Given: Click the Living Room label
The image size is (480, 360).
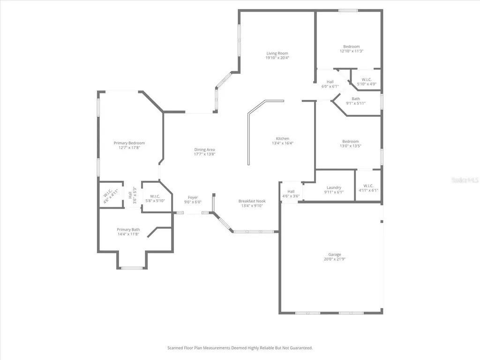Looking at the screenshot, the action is (277, 53).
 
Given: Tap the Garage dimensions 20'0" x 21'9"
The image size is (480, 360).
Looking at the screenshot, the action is (335, 259).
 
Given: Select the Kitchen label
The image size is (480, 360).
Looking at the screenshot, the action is (283, 139).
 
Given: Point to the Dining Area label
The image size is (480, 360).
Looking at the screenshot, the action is (204, 150).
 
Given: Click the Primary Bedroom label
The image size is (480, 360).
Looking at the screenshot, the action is (129, 143).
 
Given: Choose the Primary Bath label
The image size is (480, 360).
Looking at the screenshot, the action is (128, 230).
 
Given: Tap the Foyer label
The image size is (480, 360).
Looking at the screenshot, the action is (193, 197).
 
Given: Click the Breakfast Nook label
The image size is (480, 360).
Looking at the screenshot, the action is (252, 201).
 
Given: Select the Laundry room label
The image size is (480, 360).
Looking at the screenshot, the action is (334, 187).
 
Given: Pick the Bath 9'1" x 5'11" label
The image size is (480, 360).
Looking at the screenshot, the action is (356, 101).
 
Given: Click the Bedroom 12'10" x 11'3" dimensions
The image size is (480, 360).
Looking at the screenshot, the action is (352, 51).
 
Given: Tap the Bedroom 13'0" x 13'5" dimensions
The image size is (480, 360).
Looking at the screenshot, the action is (351, 146).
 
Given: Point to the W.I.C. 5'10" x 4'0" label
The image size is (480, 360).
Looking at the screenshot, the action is (367, 82).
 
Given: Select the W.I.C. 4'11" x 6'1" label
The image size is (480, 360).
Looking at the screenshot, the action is (368, 188).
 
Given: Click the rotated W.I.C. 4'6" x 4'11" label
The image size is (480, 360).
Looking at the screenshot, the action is (110, 196).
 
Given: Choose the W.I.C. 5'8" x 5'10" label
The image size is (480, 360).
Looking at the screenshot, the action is (155, 199).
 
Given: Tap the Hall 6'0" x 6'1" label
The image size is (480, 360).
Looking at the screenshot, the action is (330, 84).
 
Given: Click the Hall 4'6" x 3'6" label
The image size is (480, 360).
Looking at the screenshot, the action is (291, 194).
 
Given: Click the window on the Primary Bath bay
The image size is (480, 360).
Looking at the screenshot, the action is (132, 268).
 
